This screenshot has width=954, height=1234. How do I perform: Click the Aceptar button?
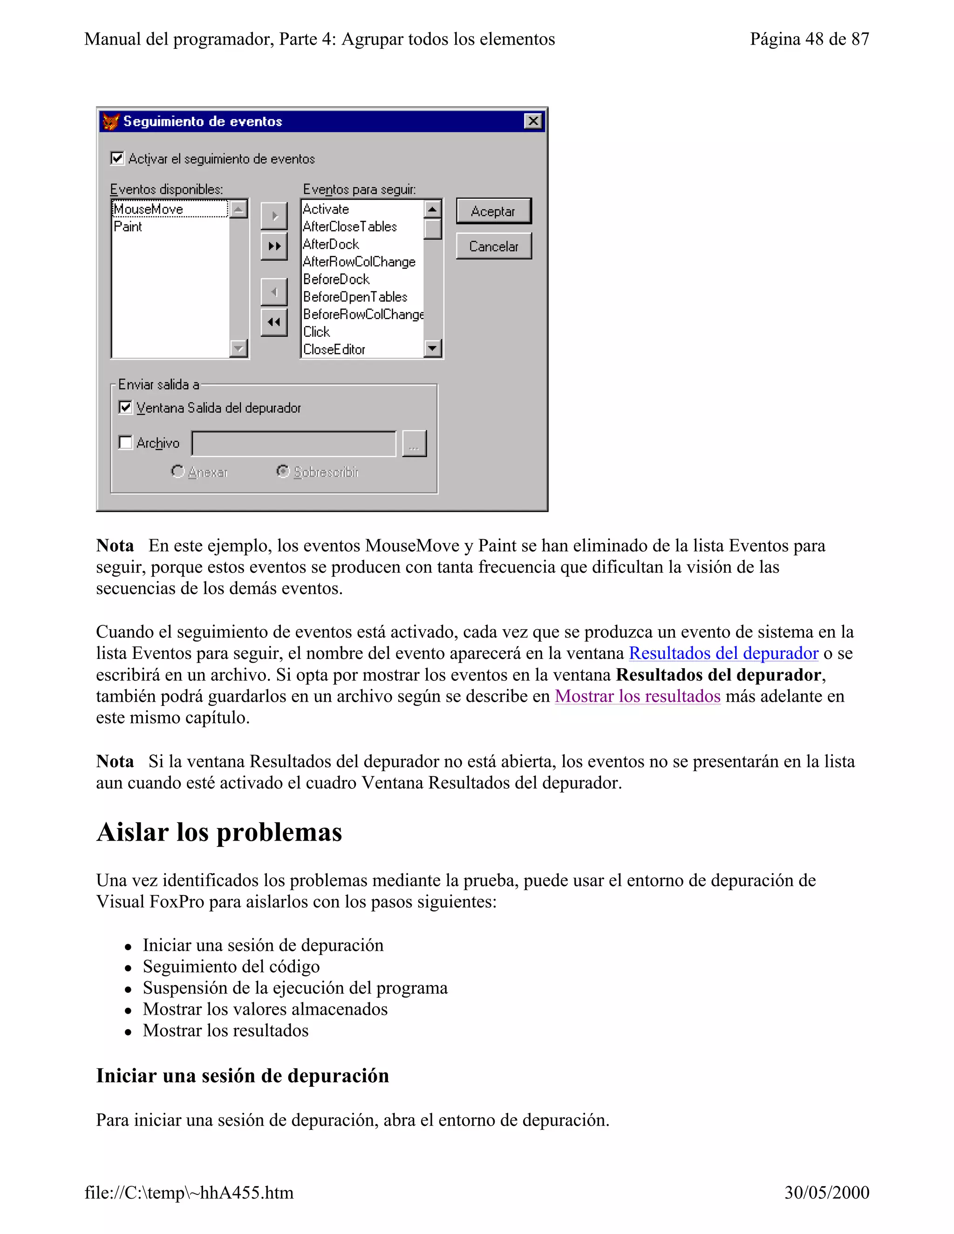click(493, 211)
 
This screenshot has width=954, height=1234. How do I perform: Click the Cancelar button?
click(493, 246)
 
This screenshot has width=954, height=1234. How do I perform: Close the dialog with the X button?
click(532, 121)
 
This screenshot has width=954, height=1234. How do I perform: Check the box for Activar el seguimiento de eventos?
click(117, 158)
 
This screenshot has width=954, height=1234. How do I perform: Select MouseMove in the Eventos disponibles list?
click(149, 209)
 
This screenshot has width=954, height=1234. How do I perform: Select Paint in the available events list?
click(128, 227)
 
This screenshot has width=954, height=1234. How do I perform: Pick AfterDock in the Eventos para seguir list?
click(331, 244)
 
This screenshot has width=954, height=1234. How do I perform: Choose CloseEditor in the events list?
click(334, 349)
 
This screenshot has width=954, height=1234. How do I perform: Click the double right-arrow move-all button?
click(274, 246)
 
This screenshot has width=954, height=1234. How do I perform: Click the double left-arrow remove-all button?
click(274, 322)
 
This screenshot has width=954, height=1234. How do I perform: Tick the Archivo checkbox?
click(125, 442)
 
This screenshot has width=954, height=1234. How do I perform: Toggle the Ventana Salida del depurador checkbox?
click(125, 407)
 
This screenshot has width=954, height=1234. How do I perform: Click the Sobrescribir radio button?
click(283, 471)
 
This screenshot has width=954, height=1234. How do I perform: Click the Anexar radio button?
click(177, 471)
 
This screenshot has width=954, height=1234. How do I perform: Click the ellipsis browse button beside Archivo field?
click(414, 443)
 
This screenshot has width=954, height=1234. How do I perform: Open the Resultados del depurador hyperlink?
click(723, 653)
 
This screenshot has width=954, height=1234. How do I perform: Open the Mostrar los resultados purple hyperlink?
click(638, 696)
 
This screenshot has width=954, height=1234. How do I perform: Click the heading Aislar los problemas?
click(219, 832)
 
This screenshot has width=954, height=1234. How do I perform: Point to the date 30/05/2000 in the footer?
click(826, 1192)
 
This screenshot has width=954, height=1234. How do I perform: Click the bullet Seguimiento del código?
click(231, 966)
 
